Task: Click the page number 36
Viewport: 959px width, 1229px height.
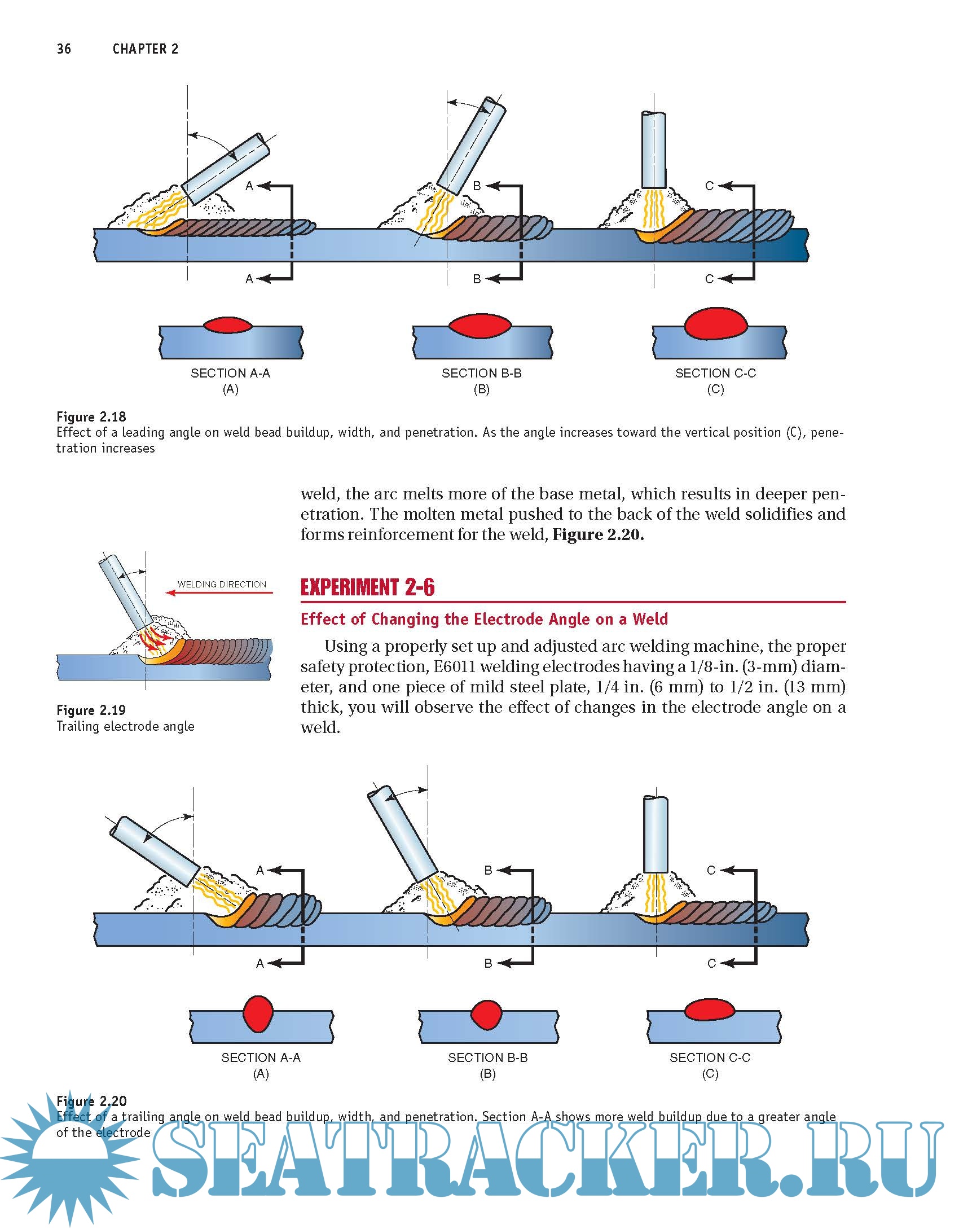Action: [64, 49]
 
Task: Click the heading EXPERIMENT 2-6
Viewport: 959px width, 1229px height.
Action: [367, 587]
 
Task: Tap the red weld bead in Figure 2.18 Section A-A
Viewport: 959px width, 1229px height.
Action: [228, 325]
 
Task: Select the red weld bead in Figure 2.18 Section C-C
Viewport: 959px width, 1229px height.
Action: [715, 324]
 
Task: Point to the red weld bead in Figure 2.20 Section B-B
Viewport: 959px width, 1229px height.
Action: [486, 1015]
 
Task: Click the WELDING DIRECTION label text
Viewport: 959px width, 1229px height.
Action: [222, 584]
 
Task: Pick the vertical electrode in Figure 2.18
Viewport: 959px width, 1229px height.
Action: [654, 150]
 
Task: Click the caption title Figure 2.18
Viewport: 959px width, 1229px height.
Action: [91, 417]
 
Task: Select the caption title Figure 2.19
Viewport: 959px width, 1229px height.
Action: [91, 710]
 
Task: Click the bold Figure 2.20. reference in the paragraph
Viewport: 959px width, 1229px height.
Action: [598, 534]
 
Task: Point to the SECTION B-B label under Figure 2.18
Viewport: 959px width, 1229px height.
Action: [481, 373]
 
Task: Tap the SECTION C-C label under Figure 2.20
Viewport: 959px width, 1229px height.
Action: [710, 1057]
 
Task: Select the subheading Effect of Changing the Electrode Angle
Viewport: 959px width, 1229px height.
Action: [484, 619]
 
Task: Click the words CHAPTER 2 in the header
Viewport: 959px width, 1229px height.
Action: [146, 49]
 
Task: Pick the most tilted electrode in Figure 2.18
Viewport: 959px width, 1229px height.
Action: [226, 168]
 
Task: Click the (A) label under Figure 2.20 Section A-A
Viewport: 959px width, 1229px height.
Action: [261, 1074]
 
